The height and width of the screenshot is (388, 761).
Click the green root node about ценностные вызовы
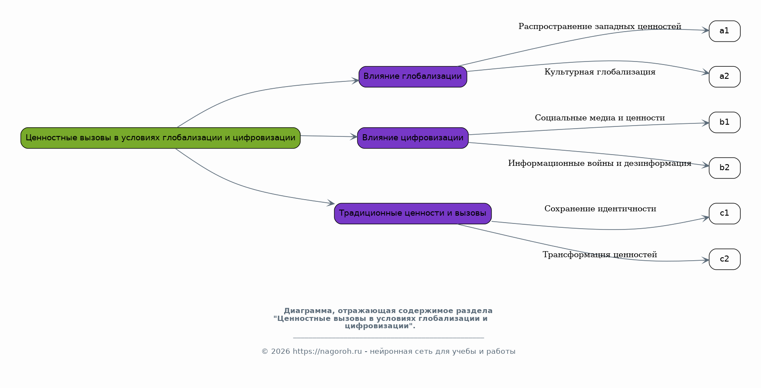coord(160,138)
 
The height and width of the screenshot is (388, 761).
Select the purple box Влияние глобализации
coord(412,77)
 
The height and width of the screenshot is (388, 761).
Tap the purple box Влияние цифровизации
coord(412,138)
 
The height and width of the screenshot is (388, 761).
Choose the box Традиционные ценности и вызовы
coord(412,213)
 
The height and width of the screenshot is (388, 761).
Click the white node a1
coord(724,31)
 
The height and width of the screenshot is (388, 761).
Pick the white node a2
coord(724,77)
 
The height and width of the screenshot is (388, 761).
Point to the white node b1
coord(724,122)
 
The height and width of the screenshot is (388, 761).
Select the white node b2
coord(724,168)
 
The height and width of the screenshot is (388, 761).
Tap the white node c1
coord(724,213)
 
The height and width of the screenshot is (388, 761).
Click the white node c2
coord(724,259)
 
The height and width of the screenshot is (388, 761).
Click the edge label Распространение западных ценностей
coord(599,27)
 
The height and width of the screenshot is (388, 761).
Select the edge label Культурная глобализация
coord(599,72)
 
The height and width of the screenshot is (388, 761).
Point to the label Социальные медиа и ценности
coord(599,118)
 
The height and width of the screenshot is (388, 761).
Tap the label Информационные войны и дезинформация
coord(599,164)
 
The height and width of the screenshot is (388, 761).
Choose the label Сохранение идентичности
coord(600,209)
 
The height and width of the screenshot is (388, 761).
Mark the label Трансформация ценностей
coord(599,255)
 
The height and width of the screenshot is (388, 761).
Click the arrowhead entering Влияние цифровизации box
coord(353,137)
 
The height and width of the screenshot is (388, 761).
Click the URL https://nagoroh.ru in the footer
coord(327,352)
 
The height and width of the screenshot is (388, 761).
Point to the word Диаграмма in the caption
coord(308,311)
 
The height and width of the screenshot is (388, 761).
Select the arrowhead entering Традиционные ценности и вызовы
coord(331,203)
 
